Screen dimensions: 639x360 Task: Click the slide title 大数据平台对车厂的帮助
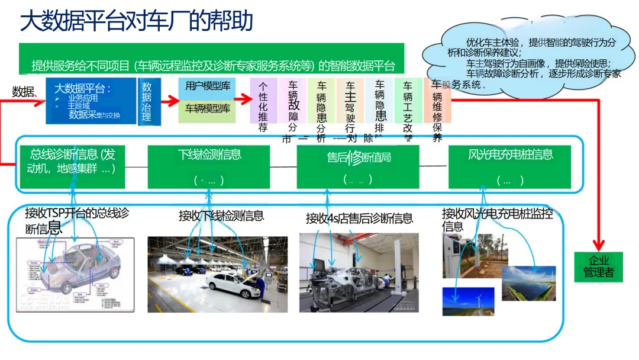137,21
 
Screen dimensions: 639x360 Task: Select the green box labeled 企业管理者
599,266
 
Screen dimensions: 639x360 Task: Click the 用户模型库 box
207,86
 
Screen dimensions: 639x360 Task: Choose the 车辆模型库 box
207,109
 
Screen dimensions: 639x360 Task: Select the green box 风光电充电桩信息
511,166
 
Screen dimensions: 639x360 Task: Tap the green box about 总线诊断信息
73,166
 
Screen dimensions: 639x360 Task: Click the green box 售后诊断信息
359,166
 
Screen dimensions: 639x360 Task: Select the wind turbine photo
468,300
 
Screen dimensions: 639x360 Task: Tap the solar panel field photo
528,282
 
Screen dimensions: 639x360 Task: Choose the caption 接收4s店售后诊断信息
359,218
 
